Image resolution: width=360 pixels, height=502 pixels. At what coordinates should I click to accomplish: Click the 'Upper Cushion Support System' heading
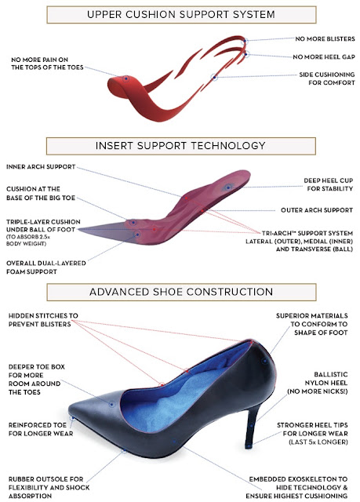181,14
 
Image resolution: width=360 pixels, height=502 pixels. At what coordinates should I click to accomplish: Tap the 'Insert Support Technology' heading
180,146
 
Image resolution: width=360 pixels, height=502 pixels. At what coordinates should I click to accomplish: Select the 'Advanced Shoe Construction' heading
181,292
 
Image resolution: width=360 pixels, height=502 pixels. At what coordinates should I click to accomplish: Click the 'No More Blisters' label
325,38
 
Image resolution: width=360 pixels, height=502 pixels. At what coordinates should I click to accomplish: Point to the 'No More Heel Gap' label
324,56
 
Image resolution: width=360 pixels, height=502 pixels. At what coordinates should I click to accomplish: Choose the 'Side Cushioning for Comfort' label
327,78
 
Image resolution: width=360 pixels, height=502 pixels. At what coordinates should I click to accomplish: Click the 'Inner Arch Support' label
41,167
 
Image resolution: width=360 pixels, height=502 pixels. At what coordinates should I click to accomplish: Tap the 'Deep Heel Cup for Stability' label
329,184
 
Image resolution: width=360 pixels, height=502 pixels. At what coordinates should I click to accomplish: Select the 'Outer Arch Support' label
317,210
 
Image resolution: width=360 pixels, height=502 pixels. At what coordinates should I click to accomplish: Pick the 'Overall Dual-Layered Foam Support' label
46,267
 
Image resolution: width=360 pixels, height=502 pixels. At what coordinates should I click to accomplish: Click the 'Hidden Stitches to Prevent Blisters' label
43,320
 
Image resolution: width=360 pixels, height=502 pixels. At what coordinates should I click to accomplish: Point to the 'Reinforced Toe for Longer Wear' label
41,429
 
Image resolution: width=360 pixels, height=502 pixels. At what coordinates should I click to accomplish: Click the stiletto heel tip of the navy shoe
249,446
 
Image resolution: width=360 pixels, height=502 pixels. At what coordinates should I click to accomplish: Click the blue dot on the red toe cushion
126,78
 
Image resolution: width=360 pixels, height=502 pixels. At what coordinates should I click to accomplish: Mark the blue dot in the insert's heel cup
227,187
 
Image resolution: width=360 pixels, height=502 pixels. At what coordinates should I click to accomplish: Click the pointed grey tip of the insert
80,229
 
